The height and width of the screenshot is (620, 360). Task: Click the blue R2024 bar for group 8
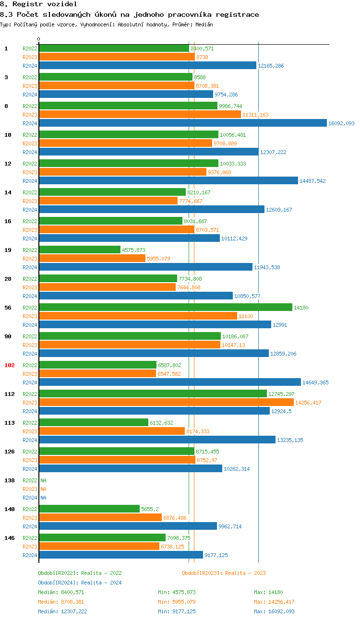(x=182, y=123)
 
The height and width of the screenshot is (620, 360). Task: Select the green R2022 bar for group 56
(x=165, y=308)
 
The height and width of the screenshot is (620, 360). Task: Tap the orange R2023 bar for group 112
(x=166, y=403)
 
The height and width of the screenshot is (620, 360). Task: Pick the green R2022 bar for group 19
(x=80, y=250)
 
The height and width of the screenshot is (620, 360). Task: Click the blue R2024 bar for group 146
(x=121, y=555)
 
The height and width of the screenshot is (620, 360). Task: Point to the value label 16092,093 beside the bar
(x=341, y=123)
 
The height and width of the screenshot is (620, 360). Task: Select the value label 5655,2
(x=150, y=509)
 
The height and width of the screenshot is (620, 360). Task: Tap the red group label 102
(x=10, y=365)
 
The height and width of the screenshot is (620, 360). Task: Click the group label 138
(x=10, y=480)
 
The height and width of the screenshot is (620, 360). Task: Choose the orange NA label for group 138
(x=43, y=489)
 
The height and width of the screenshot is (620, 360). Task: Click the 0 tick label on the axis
(x=39, y=39)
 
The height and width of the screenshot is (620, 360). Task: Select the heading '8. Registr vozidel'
(x=38, y=4)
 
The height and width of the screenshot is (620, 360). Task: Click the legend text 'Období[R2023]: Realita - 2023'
(x=224, y=573)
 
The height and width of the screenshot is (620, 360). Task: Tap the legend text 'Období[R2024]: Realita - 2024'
(x=80, y=583)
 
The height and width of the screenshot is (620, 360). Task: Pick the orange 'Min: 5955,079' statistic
(x=177, y=602)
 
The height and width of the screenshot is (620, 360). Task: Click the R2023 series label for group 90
(x=30, y=345)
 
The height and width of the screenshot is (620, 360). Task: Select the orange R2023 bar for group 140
(x=100, y=518)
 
